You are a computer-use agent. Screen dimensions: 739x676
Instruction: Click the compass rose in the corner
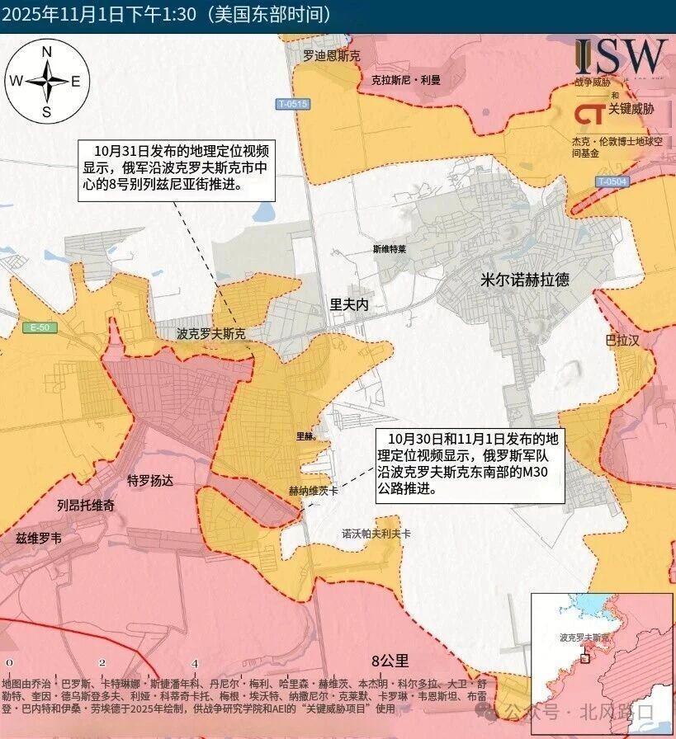click(x=47, y=81)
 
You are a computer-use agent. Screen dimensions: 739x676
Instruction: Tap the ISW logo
click(x=621, y=56)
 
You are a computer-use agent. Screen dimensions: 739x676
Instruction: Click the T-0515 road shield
click(x=292, y=104)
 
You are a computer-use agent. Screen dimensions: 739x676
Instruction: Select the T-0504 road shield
click(x=612, y=181)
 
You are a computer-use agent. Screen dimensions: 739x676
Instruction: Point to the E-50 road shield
click(x=40, y=327)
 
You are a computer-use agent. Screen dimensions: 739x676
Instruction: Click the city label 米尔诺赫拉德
click(x=524, y=280)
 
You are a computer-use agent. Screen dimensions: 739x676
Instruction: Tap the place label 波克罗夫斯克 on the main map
click(x=211, y=335)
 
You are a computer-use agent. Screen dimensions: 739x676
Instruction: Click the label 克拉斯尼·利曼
click(x=406, y=80)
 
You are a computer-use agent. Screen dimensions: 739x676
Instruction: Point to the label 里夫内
click(x=348, y=304)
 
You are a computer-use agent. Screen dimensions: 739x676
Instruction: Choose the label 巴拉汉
click(x=622, y=340)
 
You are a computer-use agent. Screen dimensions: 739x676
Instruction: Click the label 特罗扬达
click(x=150, y=481)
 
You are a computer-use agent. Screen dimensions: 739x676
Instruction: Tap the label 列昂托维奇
click(x=86, y=505)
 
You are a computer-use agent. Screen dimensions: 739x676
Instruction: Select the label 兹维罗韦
click(x=39, y=538)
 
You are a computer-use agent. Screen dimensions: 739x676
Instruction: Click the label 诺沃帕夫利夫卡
click(x=376, y=534)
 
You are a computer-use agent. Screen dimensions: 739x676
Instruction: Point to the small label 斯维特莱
click(x=390, y=248)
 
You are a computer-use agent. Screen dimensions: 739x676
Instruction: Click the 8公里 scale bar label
click(x=390, y=661)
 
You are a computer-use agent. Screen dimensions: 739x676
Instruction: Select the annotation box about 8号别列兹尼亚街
click(x=177, y=169)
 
